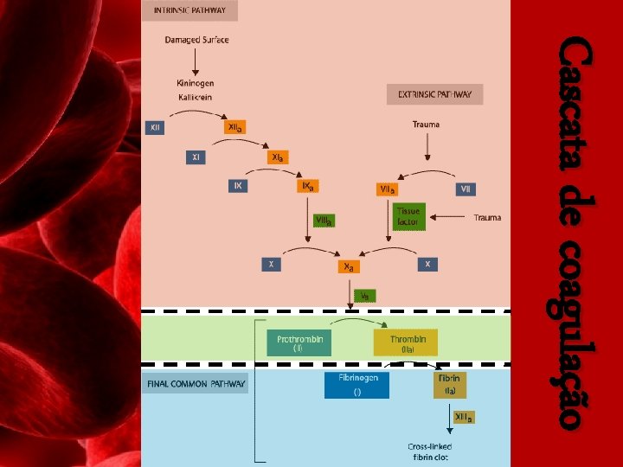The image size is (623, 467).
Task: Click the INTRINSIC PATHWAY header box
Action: click(x=189, y=11)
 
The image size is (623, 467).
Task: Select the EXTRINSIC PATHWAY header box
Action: click(x=434, y=94)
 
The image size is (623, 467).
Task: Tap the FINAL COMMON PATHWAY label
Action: click(x=195, y=384)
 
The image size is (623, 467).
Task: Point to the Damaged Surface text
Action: click(x=196, y=40)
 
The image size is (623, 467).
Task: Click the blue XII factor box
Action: click(x=156, y=127)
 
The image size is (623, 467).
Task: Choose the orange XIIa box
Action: click(x=234, y=127)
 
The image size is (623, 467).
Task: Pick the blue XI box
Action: click(x=197, y=157)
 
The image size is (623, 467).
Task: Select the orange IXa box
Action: click(x=307, y=186)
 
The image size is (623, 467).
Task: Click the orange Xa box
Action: click(x=350, y=266)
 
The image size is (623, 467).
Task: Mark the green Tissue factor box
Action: click(x=409, y=216)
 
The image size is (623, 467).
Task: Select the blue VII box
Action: click(x=466, y=189)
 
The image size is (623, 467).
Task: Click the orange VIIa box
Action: click(x=387, y=189)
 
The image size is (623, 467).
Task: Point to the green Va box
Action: click(x=365, y=296)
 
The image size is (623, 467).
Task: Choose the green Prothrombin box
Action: click(x=299, y=343)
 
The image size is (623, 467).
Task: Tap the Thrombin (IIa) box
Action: click(x=406, y=343)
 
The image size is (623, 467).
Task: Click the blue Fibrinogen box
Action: click(x=357, y=384)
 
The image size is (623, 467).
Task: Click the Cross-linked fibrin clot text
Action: click(x=430, y=451)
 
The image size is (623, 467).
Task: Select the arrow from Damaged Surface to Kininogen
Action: click(x=196, y=61)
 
